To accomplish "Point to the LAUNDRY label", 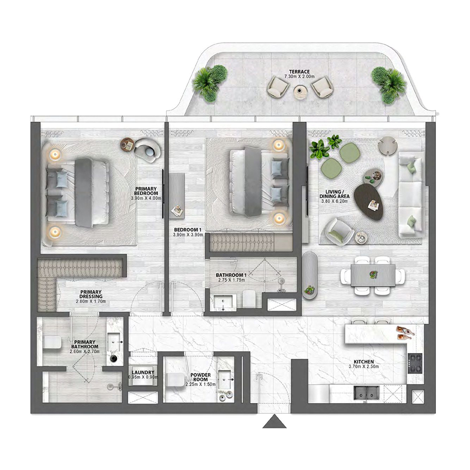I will [143, 372].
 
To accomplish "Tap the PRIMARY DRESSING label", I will [92, 294].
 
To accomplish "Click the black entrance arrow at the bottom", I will [272, 422].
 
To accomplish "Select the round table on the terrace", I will [300, 90].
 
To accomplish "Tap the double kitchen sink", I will [367, 392].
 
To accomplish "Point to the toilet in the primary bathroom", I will [51, 343].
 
